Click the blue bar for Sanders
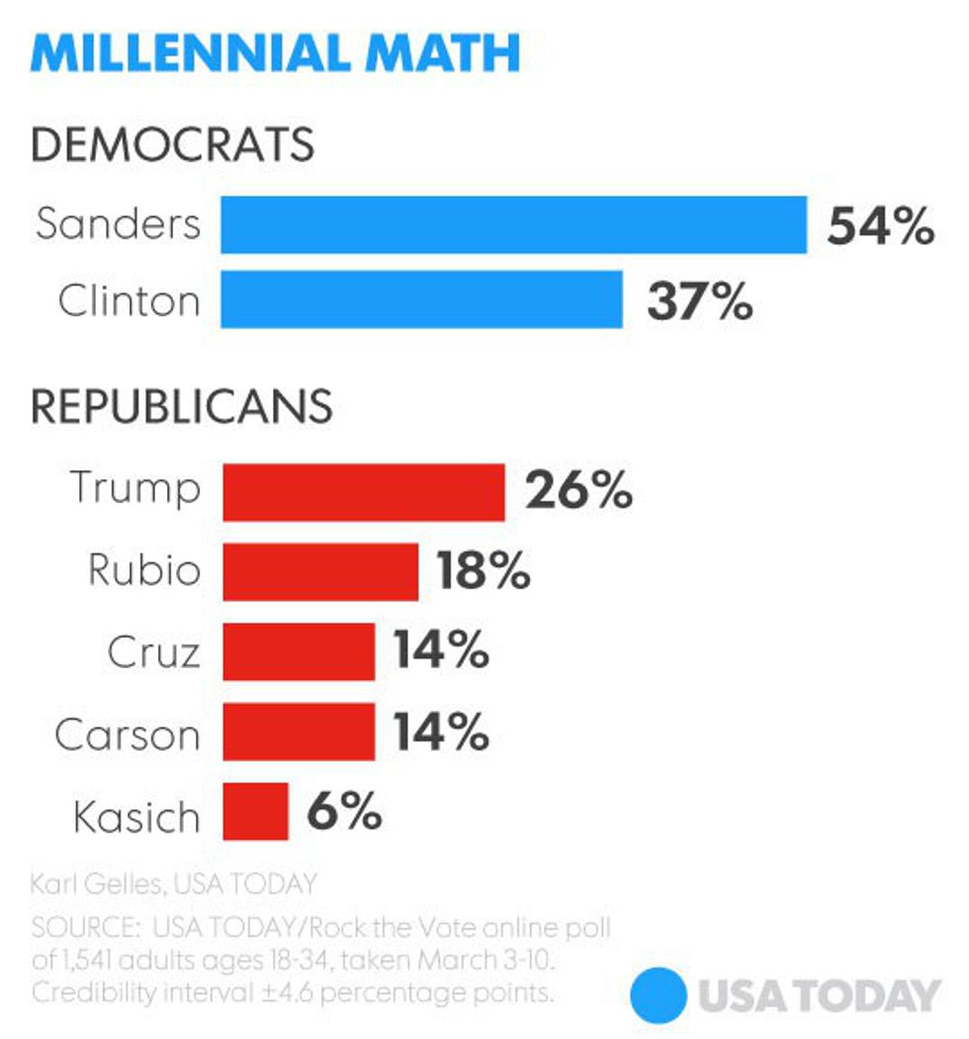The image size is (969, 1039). pos(513,224)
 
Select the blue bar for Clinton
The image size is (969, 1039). pos(421,300)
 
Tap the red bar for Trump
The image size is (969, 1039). pos(364,491)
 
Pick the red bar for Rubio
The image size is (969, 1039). pos(320,571)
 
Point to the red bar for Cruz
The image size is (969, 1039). pos(299,651)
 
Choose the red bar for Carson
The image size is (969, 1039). pos(299,732)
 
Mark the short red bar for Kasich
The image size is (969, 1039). pos(255,812)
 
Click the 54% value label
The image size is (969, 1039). pos(880,226)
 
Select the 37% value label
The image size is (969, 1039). pos(700,302)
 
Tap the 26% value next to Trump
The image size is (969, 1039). pos(578,491)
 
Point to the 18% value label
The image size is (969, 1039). pos(484,571)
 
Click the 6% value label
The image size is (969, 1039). pos(343,813)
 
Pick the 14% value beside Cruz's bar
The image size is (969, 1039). pos(441,652)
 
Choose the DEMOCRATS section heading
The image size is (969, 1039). pos(173,145)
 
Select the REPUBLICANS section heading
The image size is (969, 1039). pos(181,407)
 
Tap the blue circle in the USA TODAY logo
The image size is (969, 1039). pos(659,995)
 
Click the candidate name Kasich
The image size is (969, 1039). pos(136,817)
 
